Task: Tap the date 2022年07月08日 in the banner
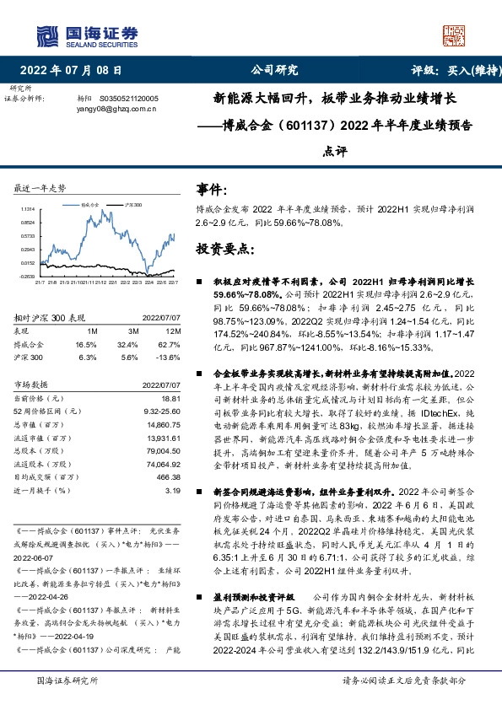click(x=77, y=70)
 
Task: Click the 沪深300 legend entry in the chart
click(x=134, y=204)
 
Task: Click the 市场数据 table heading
click(x=32, y=384)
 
